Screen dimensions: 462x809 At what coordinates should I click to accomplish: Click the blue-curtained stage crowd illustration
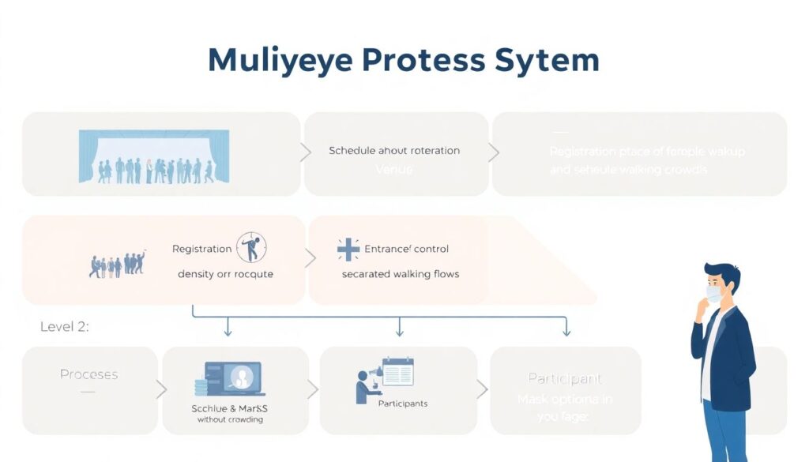(x=154, y=157)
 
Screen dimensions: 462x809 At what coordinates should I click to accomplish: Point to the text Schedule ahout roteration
(x=394, y=150)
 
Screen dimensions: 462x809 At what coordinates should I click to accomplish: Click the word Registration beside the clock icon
(x=201, y=249)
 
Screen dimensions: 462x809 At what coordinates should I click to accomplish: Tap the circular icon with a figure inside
(x=252, y=247)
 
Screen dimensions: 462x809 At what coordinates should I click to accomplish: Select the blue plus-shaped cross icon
(x=348, y=249)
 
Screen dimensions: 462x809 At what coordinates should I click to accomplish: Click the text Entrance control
(x=407, y=249)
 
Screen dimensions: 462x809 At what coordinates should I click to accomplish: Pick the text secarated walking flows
(x=401, y=274)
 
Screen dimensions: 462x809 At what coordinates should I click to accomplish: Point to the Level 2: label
(x=65, y=327)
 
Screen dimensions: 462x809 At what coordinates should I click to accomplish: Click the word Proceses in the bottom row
(x=89, y=374)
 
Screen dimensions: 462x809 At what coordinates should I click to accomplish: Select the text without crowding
(x=230, y=419)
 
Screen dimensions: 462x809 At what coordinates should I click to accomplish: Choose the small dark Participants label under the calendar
(x=403, y=404)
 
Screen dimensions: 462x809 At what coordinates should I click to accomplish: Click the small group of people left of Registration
(x=118, y=264)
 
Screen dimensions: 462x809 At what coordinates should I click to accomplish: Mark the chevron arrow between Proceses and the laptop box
(x=161, y=389)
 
